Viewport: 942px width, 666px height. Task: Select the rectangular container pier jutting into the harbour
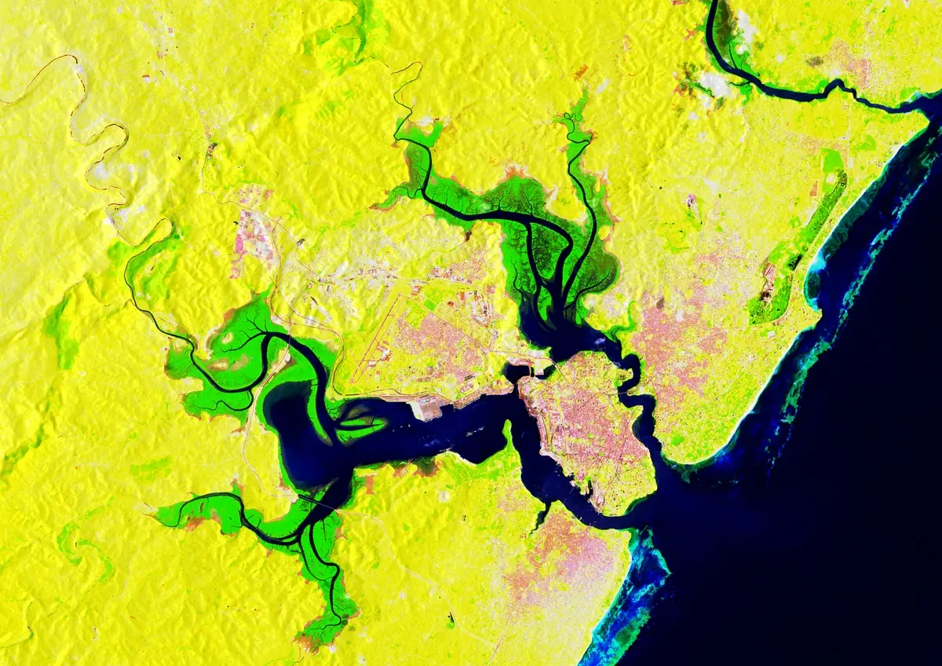[x=428, y=407]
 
